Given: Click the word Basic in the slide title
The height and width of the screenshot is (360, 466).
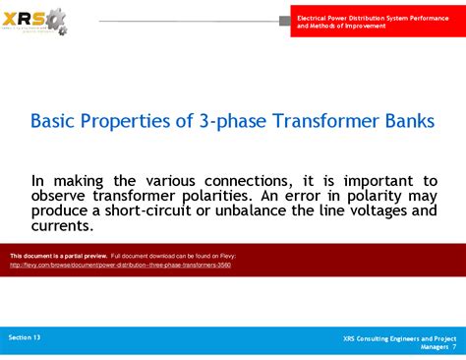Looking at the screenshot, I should tap(56, 120).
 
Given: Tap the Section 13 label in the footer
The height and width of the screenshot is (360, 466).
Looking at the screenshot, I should tap(25, 337).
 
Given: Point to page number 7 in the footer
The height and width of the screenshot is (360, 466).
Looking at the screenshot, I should tap(453, 347).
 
